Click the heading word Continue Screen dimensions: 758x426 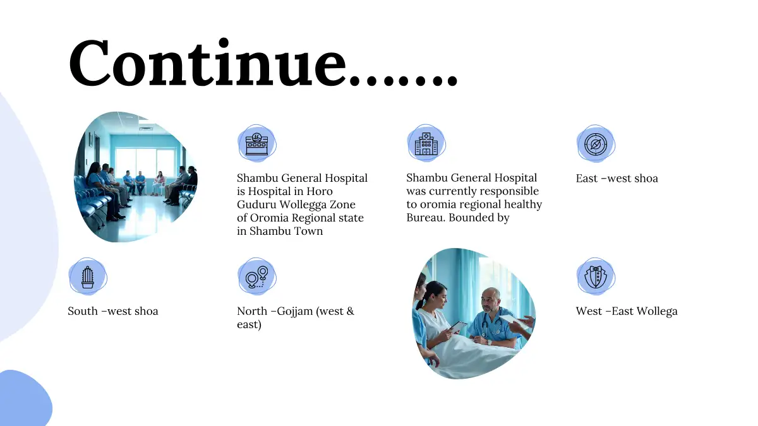coord(208,64)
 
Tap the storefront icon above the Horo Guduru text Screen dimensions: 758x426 coord(257,144)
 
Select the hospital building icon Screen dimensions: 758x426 coord(426,144)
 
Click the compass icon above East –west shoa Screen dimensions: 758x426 coord(596,145)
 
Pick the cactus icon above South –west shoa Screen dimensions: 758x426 coord(88,277)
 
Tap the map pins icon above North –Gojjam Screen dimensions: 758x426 coord(257,277)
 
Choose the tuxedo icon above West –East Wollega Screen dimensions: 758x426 coord(596,277)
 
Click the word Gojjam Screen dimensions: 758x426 coord(295,311)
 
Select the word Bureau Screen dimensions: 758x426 coord(426,217)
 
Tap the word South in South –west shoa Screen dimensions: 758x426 coord(83,311)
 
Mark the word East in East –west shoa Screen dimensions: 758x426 coord(587,178)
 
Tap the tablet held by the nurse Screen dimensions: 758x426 coord(457,327)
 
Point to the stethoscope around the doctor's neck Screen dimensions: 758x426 coord(491,324)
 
